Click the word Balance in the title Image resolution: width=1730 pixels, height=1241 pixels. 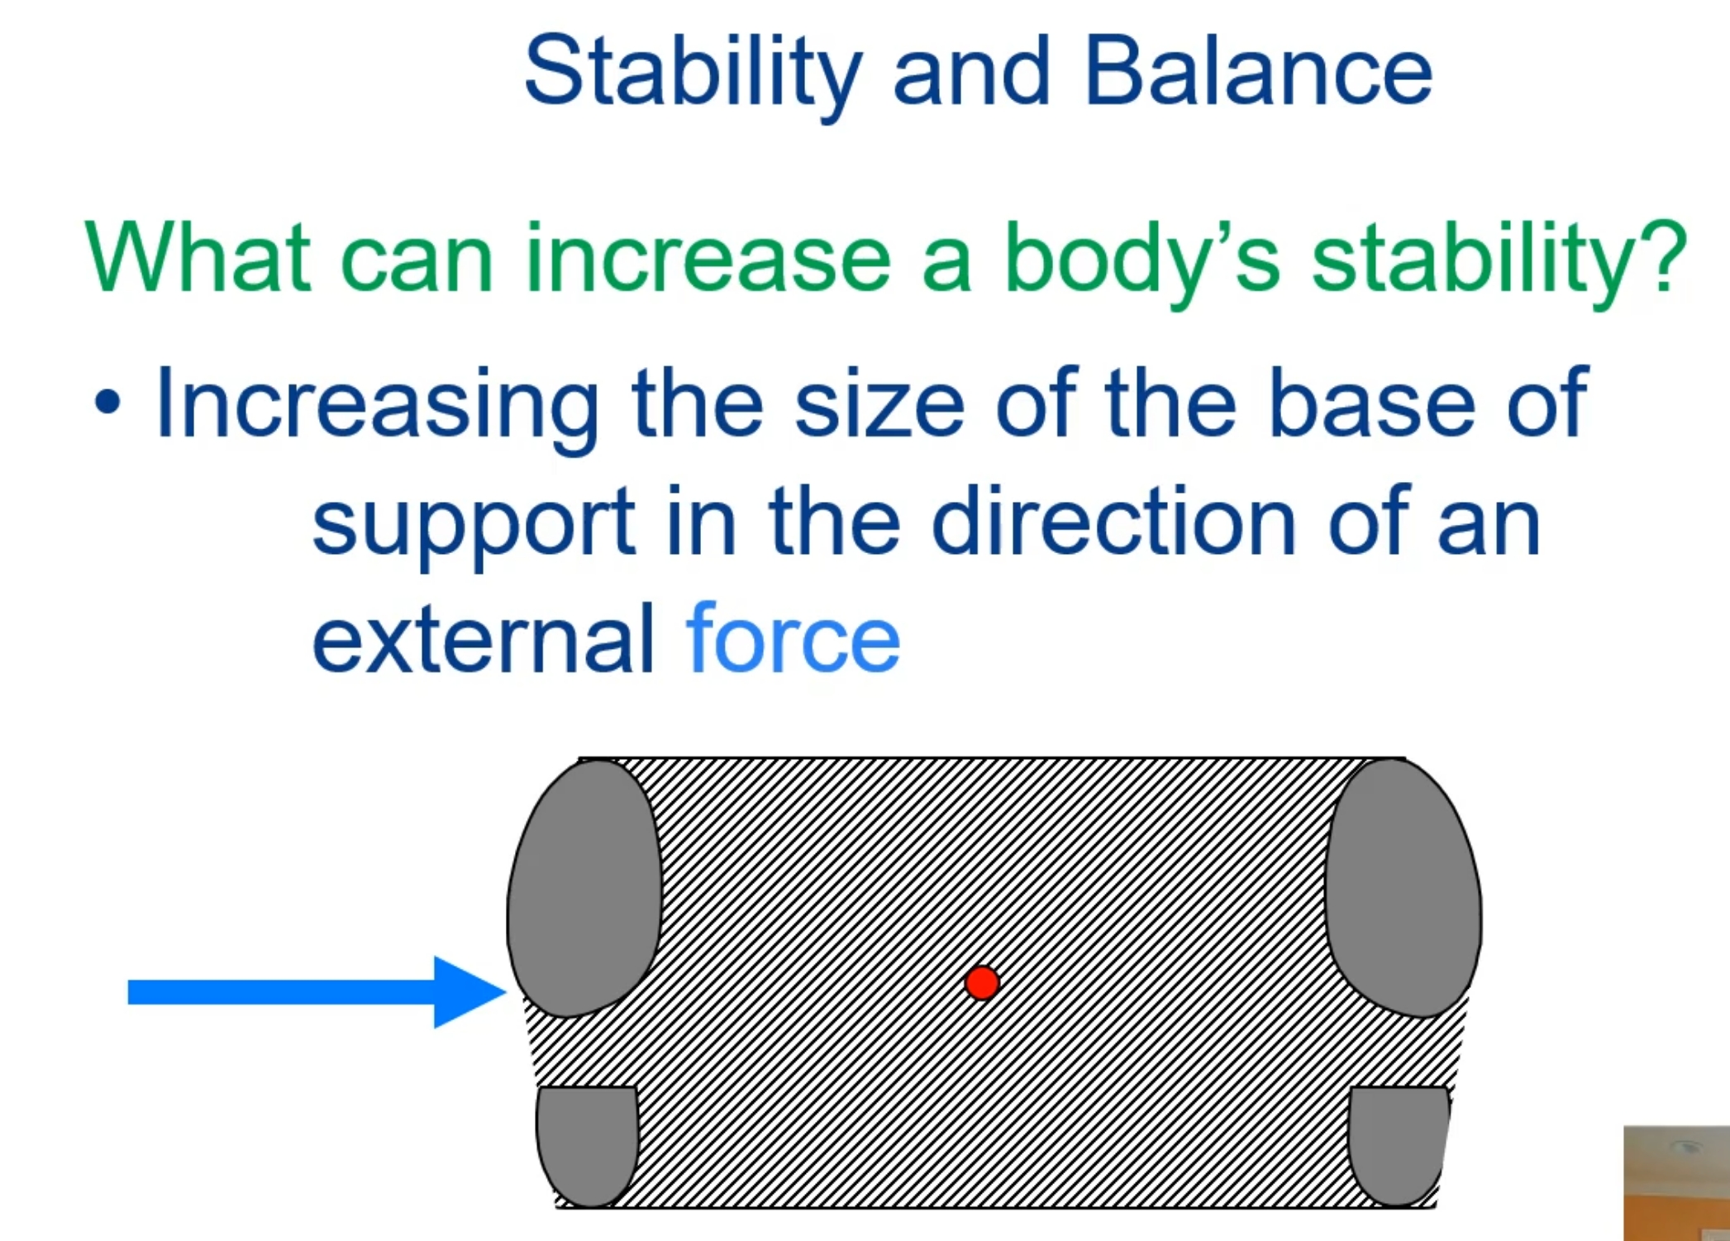point(1257,73)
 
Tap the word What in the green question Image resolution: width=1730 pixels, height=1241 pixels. point(198,258)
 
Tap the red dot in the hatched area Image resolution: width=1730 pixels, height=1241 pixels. point(982,983)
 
